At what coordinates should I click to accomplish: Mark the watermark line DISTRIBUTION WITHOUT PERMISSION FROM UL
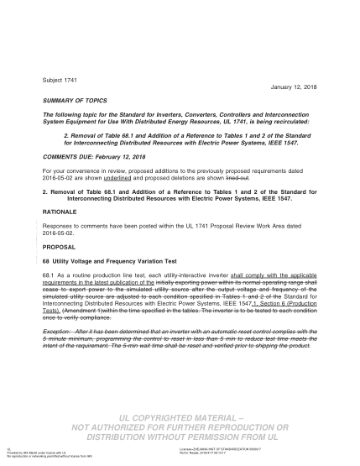pyautogui.click(x=175, y=437)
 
